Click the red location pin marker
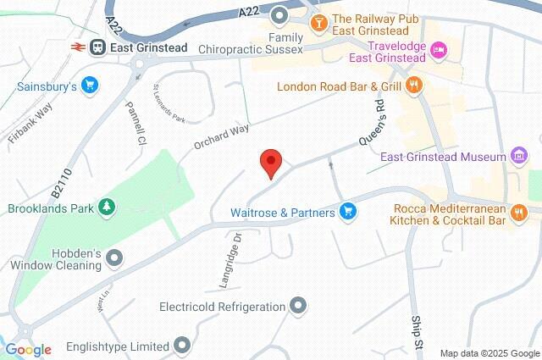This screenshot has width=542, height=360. pyautogui.click(x=270, y=161)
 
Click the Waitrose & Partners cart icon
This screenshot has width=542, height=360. pyautogui.click(x=346, y=212)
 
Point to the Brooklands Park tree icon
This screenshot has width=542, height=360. pyautogui.click(x=107, y=207)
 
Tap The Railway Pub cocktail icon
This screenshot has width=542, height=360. pyautogui.click(x=319, y=21)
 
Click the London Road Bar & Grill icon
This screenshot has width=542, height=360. pyautogui.click(x=413, y=85)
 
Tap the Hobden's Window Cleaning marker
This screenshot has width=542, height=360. pyautogui.click(x=114, y=257)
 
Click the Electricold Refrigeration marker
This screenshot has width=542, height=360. pyautogui.click(x=297, y=306)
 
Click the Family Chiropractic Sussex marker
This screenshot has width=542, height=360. pyautogui.click(x=280, y=14)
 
